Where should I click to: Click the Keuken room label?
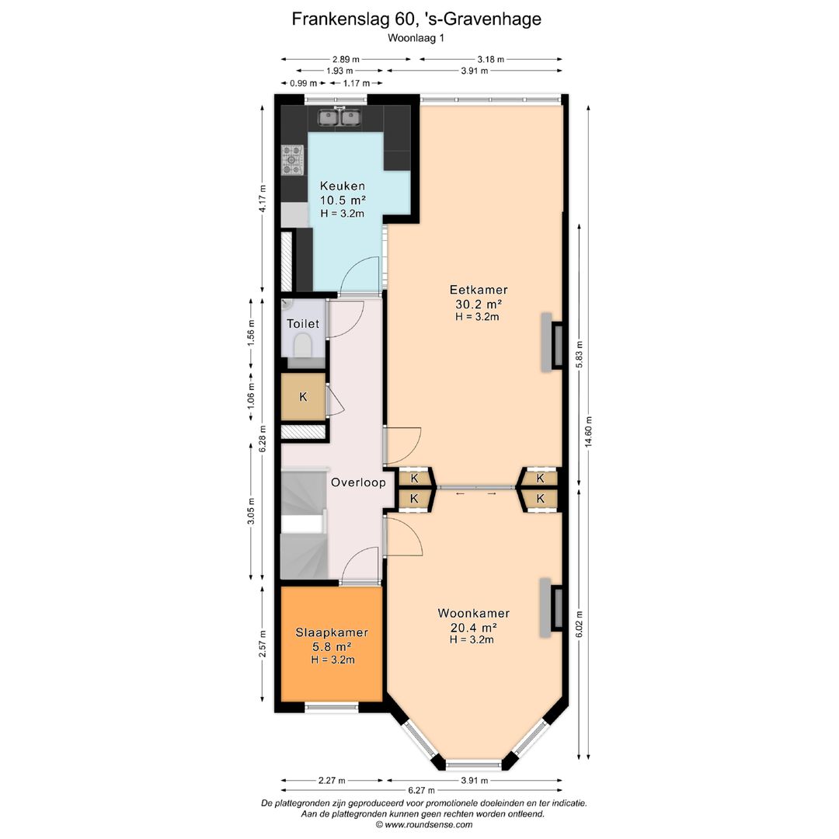(343, 186)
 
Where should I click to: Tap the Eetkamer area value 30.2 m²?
(479, 304)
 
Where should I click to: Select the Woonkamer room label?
(474, 613)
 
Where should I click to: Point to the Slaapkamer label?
(332, 632)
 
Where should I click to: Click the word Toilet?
(303, 324)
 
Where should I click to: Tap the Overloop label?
(358, 482)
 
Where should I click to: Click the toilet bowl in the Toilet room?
(303, 345)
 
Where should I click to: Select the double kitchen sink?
(339, 117)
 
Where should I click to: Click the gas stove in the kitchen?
(293, 160)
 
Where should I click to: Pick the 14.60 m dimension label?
(589, 431)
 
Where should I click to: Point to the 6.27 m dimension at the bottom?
(422, 790)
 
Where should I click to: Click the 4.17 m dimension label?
(263, 199)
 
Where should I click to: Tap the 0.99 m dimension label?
(304, 83)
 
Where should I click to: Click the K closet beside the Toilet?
(304, 396)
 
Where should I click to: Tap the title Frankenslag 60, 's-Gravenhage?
(416, 19)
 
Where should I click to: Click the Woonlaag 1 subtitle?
(416, 38)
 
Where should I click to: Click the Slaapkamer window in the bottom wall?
(331, 708)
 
